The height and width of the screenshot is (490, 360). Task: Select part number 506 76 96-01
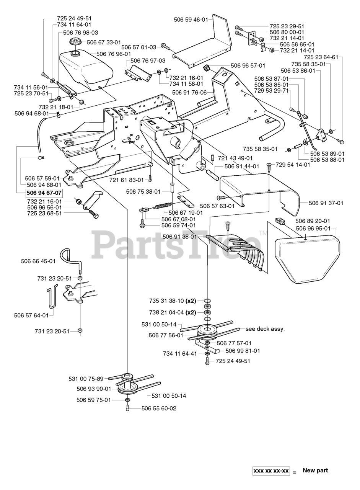(x=114, y=54)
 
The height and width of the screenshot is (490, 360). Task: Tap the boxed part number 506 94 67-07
(x=44, y=193)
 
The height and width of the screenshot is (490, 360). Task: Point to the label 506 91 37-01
(x=326, y=203)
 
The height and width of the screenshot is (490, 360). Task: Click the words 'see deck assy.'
(x=265, y=335)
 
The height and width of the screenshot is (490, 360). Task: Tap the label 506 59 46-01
(x=191, y=20)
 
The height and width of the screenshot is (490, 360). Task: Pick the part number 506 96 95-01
(x=313, y=229)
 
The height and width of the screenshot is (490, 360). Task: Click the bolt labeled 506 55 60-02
(x=128, y=408)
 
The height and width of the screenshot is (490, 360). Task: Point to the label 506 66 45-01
(x=38, y=261)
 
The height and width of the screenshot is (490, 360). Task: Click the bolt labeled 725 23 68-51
(x=94, y=213)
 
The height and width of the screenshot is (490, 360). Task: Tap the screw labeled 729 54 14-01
(x=269, y=166)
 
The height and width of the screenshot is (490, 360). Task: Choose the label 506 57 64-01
(x=31, y=315)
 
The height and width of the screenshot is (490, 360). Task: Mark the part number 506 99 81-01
(x=243, y=351)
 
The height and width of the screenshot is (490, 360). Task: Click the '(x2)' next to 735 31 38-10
(x=191, y=301)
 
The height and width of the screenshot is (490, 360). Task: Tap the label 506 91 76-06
(x=189, y=93)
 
